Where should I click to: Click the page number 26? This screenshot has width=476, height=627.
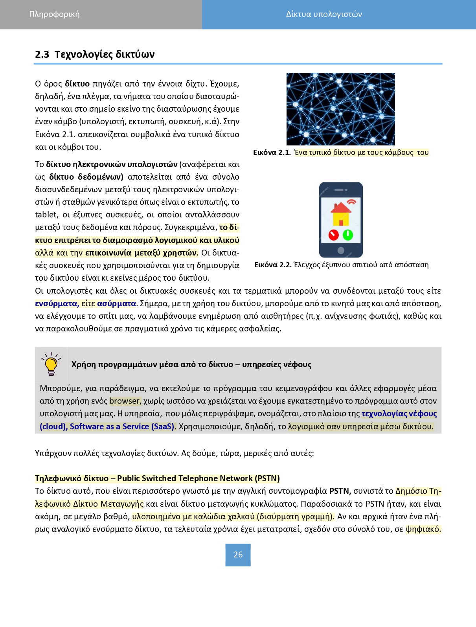(238, 555)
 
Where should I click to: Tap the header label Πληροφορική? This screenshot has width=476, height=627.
(54, 15)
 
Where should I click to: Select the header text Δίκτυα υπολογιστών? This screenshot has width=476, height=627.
(324, 15)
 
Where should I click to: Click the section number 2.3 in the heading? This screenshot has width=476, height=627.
(42, 54)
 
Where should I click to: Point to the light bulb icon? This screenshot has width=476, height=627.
(51, 364)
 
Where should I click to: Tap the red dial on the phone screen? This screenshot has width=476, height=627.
(334, 235)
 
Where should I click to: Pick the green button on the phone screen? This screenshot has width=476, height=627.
(348, 235)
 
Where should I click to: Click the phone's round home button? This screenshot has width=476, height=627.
(341, 250)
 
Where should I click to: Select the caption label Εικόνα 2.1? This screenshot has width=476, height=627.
(272, 153)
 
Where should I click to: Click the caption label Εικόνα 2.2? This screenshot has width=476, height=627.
(273, 265)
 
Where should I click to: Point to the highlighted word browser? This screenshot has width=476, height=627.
(125, 401)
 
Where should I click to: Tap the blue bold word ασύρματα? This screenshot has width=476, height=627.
(116, 303)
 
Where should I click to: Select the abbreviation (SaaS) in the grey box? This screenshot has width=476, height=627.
(163, 427)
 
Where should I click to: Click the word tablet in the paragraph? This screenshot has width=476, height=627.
(46, 215)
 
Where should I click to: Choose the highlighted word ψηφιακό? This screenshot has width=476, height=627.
(423, 529)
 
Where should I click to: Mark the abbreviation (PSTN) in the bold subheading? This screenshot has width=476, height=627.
(267, 478)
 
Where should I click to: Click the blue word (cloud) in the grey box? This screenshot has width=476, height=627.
(53, 427)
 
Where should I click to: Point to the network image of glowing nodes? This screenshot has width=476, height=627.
(340, 109)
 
